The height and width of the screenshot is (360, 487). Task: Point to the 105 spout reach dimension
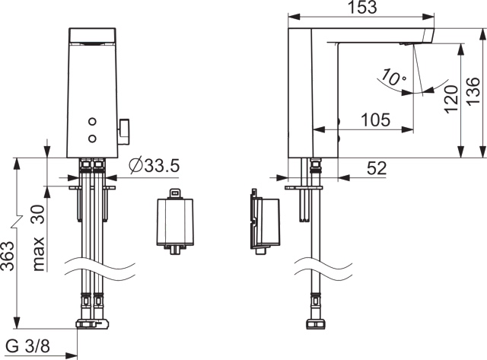(376, 119)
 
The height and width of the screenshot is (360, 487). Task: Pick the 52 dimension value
(377, 169)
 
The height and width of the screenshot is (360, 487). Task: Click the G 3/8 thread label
(28, 347)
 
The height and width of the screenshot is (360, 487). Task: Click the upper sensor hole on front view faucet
(94, 122)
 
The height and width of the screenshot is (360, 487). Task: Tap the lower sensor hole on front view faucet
(94, 138)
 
